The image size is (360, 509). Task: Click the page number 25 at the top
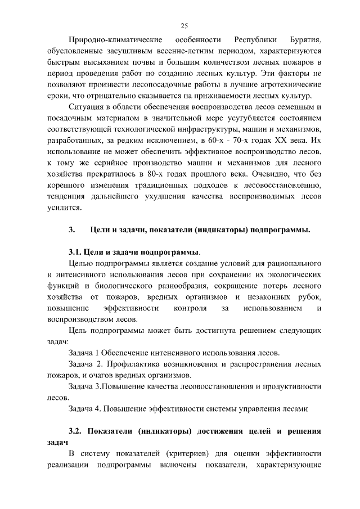pyautogui.click(x=184, y=25)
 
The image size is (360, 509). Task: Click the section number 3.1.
pyautogui.click(x=75, y=251)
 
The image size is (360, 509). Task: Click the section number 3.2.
pyautogui.click(x=76, y=431)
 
